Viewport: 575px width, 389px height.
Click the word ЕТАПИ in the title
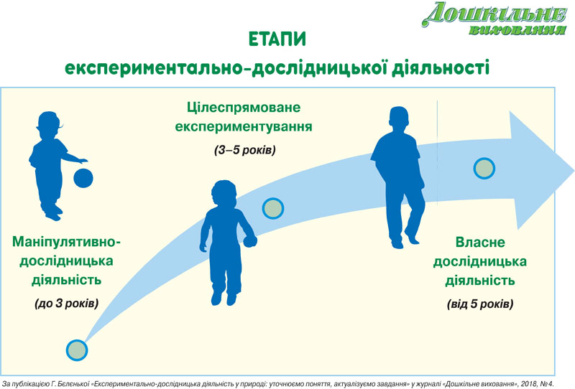coord(277,39)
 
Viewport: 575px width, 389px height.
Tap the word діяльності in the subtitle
coord(441,68)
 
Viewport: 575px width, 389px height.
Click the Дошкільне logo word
coord(494,14)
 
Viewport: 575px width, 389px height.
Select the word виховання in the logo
coord(517,30)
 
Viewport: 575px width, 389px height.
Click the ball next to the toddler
coord(83,178)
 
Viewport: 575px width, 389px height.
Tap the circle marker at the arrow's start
coord(77,350)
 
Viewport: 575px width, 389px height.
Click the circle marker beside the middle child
coord(273,208)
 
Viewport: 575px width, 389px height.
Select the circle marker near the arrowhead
coord(484,168)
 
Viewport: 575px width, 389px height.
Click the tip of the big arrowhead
coord(574,171)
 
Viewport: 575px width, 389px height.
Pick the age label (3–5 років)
coord(244,150)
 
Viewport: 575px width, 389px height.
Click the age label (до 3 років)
coord(67,304)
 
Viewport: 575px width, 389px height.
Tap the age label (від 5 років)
coord(480,304)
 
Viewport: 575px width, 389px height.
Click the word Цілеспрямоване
coord(244,108)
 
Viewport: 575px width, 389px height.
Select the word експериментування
coord(244,127)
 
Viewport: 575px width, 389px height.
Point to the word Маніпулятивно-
coord(66,242)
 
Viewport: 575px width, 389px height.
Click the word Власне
coord(480,242)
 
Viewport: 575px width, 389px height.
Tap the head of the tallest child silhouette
coord(399,119)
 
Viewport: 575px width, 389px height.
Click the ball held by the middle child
coord(249,241)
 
